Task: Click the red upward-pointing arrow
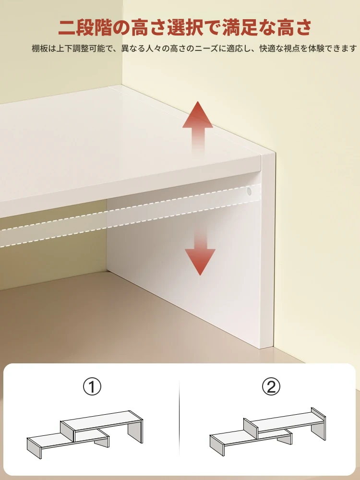(198, 127)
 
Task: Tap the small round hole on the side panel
(249, 192)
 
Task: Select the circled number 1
(92, 386)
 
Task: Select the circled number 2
(271, 386)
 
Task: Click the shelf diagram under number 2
(268, 432)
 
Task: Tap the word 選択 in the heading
(185, 27)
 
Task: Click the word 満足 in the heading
(240, 27)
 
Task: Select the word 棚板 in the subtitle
(40, 48)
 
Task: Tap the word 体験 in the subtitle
(316, 48)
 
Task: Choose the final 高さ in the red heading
(294, 27)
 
